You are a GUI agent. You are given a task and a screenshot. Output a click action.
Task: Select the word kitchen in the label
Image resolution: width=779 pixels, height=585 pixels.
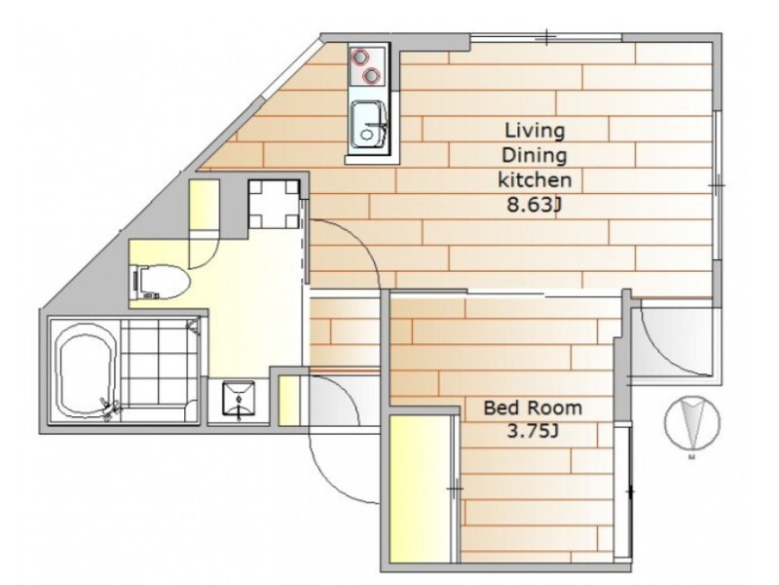(535, 179)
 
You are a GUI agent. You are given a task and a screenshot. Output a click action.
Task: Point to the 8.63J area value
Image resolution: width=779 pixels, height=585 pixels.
(534, 204)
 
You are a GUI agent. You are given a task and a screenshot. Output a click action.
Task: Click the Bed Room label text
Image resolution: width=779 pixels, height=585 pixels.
(533, 408)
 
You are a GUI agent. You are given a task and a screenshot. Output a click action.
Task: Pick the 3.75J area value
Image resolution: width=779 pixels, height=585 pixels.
(533, 431)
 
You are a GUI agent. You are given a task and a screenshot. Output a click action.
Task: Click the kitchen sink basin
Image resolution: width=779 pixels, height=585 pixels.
(368, 125)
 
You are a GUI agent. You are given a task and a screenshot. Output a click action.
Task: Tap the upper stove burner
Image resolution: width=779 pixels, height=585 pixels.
(358, 57)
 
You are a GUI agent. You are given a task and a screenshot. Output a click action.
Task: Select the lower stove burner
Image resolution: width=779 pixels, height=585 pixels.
(372, 76)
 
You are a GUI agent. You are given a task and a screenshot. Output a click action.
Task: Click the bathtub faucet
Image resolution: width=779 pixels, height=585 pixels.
(111, 408)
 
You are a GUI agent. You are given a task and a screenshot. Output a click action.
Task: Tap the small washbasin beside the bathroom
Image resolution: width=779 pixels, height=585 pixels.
(239, 398)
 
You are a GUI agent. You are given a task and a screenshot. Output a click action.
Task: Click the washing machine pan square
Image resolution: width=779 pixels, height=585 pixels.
(274, 204)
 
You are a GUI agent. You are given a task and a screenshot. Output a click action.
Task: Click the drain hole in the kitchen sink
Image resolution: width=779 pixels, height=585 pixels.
(367, 135)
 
